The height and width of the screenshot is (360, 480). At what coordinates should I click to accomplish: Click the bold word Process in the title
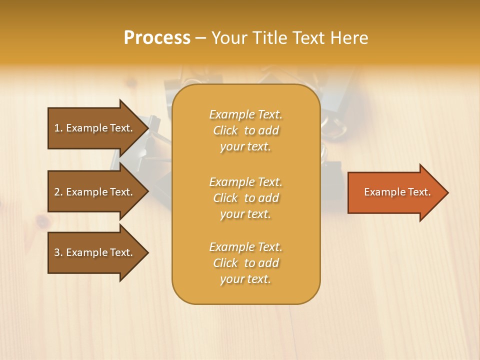tap(157, 38)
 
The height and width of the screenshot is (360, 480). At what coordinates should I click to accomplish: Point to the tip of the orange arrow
tap(447, 192)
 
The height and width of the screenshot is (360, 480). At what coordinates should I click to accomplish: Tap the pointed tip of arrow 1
tap(147, 128)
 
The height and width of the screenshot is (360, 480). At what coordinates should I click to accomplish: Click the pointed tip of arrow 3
tap(147, 252)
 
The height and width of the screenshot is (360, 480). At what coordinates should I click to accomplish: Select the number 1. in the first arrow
tap(58, 128)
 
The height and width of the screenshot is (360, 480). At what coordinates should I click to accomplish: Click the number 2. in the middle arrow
tap(58, 192)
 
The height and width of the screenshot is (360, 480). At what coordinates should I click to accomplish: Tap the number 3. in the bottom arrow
tap(58, 252)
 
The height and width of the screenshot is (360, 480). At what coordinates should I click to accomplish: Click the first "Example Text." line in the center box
tap(245, 114)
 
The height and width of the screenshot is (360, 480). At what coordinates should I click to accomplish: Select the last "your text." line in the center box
tap(245, 279)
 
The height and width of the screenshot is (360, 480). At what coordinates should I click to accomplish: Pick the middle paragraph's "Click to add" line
tap(245, 198)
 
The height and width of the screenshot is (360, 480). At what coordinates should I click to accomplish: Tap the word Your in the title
tap(228, 38)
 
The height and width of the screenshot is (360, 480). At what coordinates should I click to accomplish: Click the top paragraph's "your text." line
tap(245, 146)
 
